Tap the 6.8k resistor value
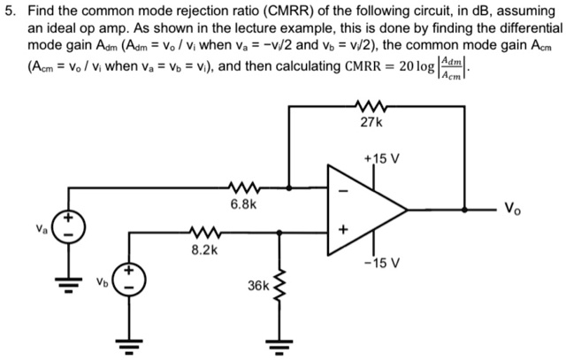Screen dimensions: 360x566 pyautogui.click(x=243, y=204)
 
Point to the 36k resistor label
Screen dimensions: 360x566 pyautogui.click(x=259, y=287)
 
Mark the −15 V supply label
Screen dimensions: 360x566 pyautogui.click(x=383, y=263)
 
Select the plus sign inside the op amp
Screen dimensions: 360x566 pyautogui.click(x=344, y=233)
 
